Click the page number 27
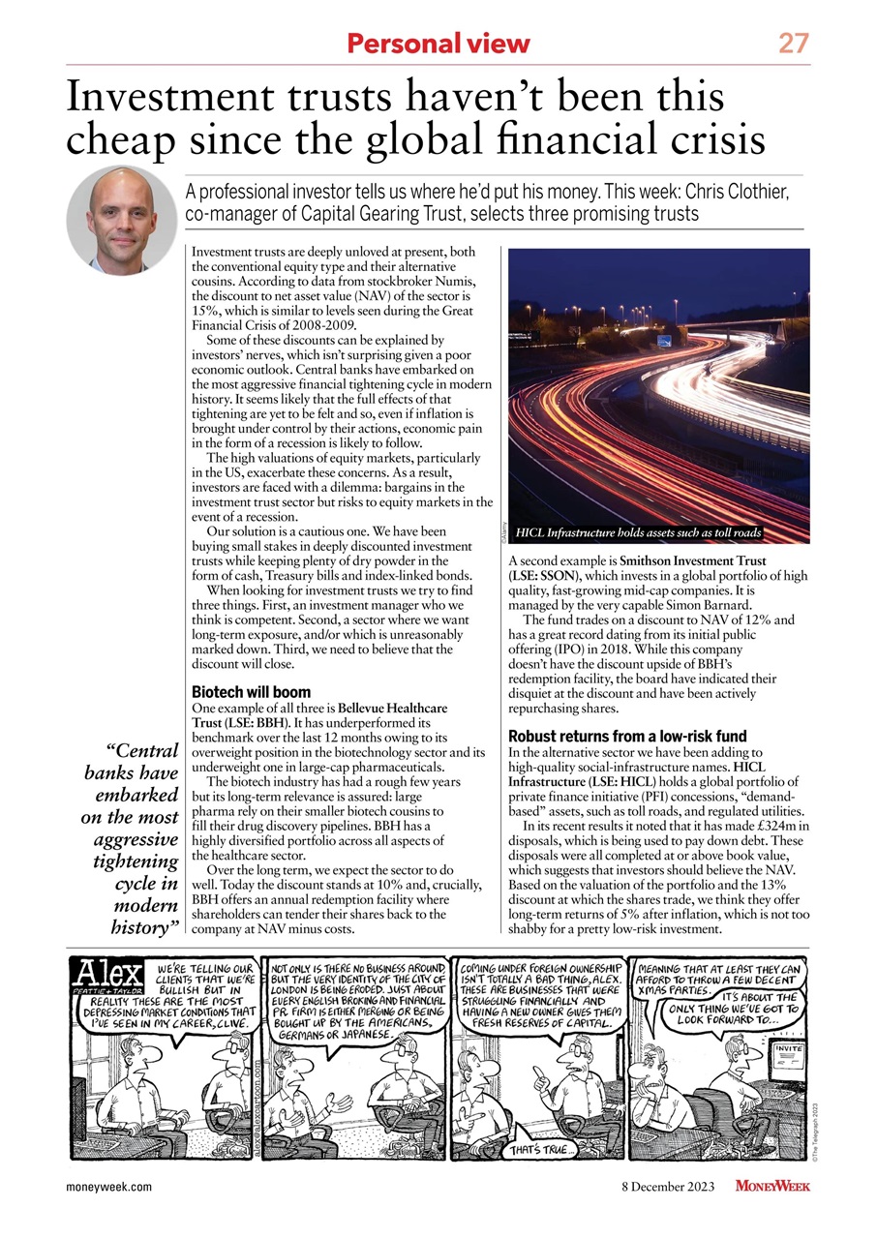(794, 43)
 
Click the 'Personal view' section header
(438, 44)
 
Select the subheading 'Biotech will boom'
(252, 692)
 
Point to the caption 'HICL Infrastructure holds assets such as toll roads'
(640, 533)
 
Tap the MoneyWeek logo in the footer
(771, 1187)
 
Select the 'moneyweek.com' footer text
(108, 1188)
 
